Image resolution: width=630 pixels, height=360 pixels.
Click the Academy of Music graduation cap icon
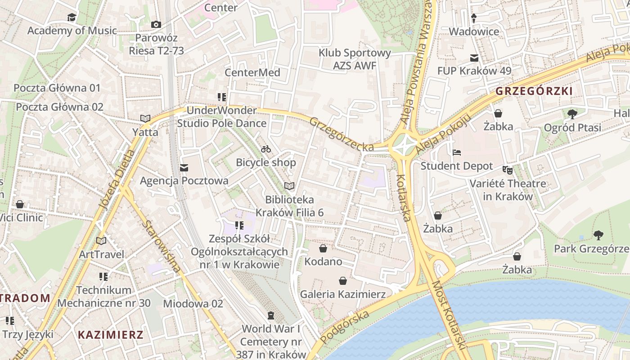[x=72, y=18]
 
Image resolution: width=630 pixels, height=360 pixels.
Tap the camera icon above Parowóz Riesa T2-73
[x=156, y=24]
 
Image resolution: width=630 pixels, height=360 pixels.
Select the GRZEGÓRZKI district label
[x=534, y=91]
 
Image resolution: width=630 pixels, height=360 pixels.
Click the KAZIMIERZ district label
[x=110, y=335]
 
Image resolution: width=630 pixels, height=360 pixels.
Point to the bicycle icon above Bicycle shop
[x=266, y=149]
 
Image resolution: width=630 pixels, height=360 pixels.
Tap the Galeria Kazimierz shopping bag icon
[x=343, y=281]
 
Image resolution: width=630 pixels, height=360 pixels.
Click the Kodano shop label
[x=323, y=261]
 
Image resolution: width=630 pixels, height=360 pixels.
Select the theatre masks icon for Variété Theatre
[x=508, y=170]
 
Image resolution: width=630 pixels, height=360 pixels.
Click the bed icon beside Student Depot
[x=457, y=153]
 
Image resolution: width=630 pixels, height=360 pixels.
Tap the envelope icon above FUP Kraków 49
[x=474, y=58]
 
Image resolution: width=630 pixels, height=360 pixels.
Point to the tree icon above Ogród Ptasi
[x=572, y=114]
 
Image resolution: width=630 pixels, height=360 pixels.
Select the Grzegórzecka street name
[x=342, y=134]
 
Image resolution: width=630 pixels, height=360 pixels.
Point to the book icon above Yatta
[x=145, y=119]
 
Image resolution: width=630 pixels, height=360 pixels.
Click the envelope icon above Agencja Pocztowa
[x=184, y=168]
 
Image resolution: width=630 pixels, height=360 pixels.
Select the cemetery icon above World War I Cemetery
[x=270, y=315]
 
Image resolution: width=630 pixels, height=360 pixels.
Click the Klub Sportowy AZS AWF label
[x=355, y=59]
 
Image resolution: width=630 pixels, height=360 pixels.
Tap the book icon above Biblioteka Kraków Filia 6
[x=289, y=186]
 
